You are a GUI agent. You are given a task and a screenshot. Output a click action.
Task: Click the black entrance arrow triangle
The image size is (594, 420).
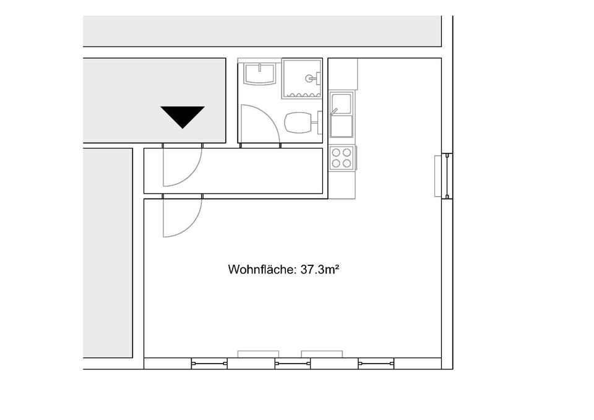pos(183,116)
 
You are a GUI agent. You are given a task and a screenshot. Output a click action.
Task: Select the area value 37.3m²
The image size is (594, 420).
pos(319,269)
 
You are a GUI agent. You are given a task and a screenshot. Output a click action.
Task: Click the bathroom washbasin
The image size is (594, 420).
pos(260,74)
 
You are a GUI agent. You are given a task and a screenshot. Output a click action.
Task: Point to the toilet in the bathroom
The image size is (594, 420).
pos(303,122)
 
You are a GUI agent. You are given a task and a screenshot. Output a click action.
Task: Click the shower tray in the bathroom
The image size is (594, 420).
pos(302,79)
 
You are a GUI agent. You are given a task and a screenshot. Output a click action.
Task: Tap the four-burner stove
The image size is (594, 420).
pos(342,158)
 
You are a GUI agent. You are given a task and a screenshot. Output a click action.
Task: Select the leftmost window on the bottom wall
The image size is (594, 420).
pos(209,364)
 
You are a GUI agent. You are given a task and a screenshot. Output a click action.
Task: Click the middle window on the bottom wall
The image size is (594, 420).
pos(293,364)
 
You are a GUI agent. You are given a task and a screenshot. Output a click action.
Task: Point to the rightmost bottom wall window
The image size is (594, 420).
pos(376,364)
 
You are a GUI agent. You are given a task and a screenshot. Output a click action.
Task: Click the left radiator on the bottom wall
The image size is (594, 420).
pos(258,354)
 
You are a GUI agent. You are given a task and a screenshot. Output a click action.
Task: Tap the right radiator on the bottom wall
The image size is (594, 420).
pos(322,354)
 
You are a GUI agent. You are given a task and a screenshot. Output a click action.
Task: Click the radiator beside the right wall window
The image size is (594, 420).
pos(438,176)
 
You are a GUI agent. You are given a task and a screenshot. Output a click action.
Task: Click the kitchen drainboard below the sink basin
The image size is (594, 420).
pos(342,126)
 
